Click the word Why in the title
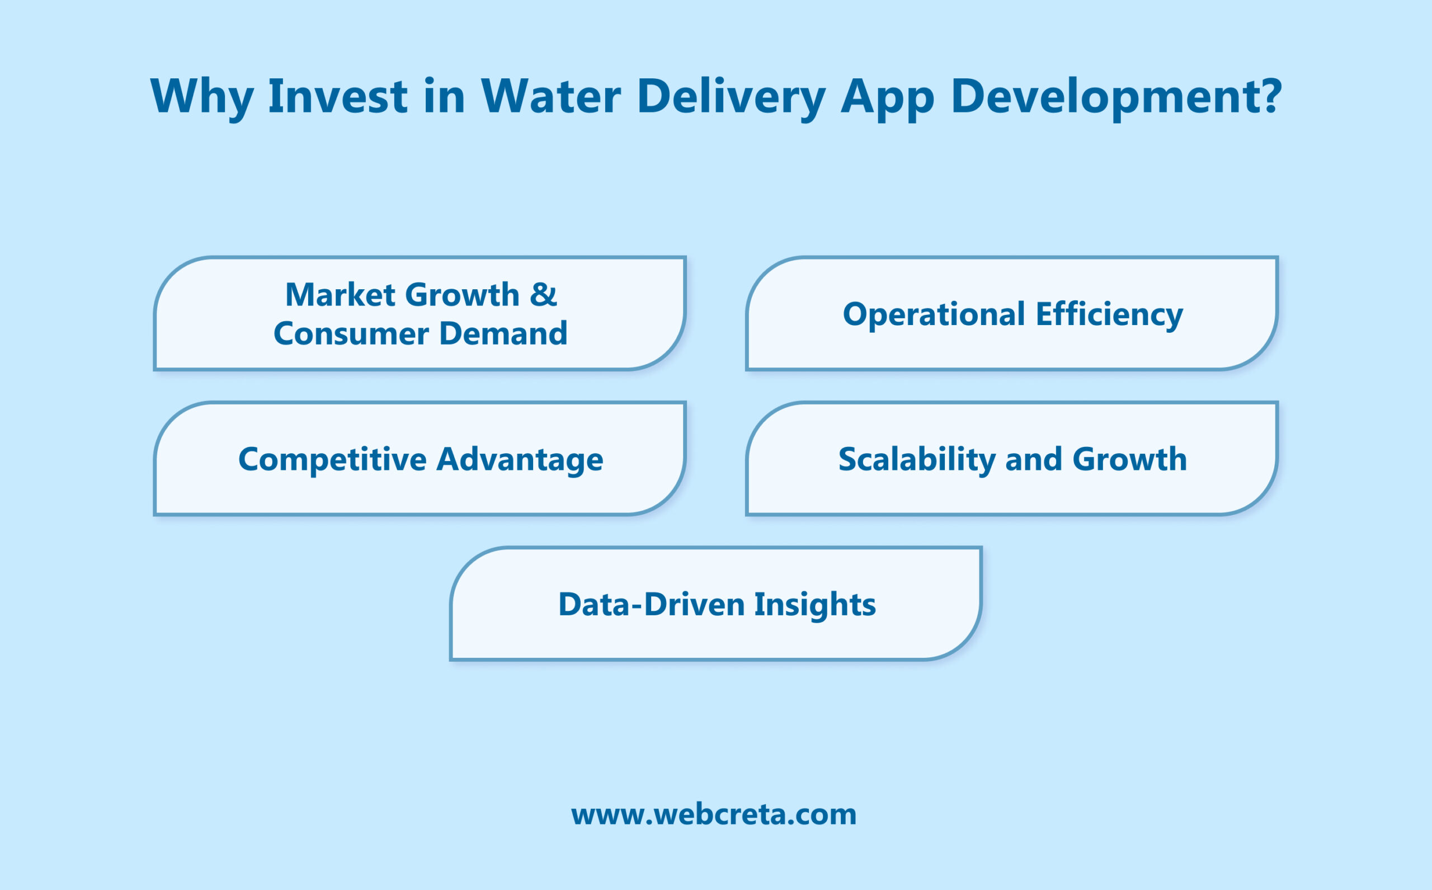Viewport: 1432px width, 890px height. point(202,97)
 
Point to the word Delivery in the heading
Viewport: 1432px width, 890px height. point(731,97)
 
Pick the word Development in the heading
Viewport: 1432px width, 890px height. point(1106,97)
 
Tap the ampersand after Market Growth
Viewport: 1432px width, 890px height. point(543,294)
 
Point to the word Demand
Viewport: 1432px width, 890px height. point(503,334)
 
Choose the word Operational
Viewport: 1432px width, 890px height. point(934,314)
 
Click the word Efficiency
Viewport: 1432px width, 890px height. point(1109,315)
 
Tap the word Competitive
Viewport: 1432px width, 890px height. point(332,459)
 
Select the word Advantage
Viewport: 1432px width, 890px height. point(520,460)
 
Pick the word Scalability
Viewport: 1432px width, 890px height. point(916,460)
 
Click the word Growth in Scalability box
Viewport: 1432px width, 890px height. point(1129,459)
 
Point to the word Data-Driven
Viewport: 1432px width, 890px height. point(651,605)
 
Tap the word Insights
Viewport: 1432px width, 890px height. point(814,605)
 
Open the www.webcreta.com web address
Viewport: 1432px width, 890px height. point(713,814)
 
